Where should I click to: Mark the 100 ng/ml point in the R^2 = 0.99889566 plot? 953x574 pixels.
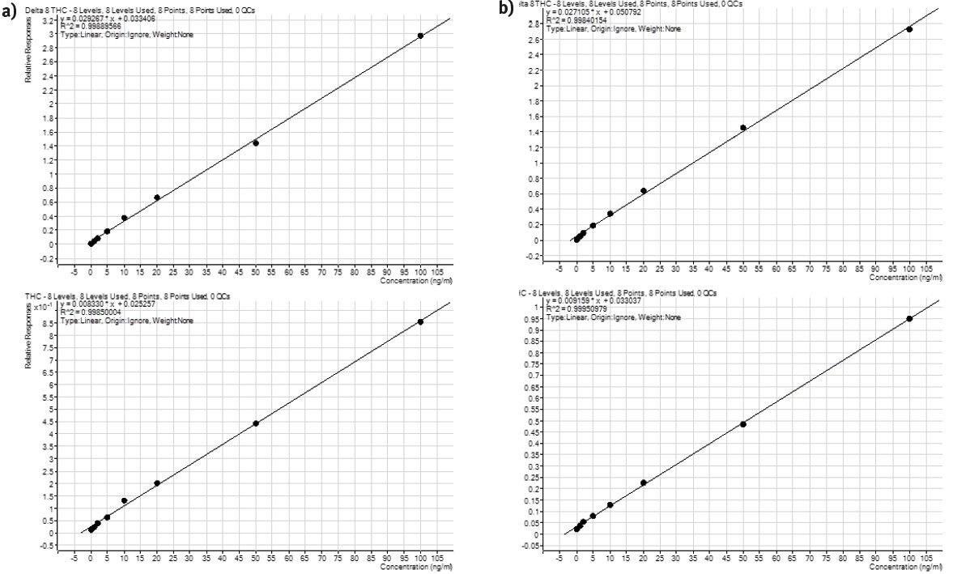421,36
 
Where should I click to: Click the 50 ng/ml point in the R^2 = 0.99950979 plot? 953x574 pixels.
743,424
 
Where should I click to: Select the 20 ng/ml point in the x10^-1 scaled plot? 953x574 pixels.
157,483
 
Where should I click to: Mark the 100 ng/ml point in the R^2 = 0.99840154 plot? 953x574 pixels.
909,29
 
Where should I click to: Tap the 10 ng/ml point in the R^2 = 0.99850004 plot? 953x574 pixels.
124,500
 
